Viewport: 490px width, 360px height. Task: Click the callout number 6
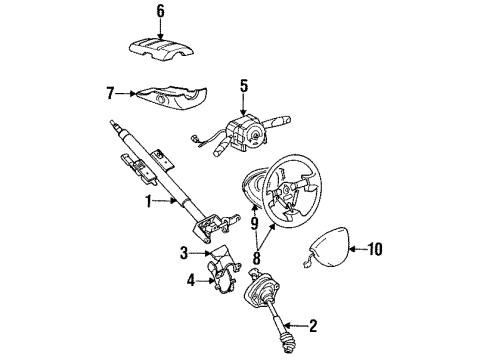pos(161,11)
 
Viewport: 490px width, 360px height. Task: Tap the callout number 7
pos(111,93)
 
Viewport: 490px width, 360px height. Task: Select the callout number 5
pos(244,86)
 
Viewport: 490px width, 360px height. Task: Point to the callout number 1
pos(148,202)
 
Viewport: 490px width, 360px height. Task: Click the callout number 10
pos(375,249)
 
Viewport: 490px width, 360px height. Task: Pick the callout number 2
pos(313,326)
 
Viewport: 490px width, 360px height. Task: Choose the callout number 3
pos(184,253)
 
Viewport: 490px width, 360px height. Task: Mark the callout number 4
pos(191,281)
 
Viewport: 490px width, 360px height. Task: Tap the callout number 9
pos(254,223)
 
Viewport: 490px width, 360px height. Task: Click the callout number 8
pos(256,258)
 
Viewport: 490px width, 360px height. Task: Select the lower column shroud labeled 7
pos(170,97)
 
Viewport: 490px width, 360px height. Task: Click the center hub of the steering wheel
pos(286,190)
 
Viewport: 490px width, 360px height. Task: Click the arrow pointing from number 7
pos(126,94)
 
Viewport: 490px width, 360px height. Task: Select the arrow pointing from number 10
pos(357,249)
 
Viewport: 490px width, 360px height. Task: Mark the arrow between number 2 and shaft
pos(296,325)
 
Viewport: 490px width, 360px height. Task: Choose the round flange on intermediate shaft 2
pos(261,292)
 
